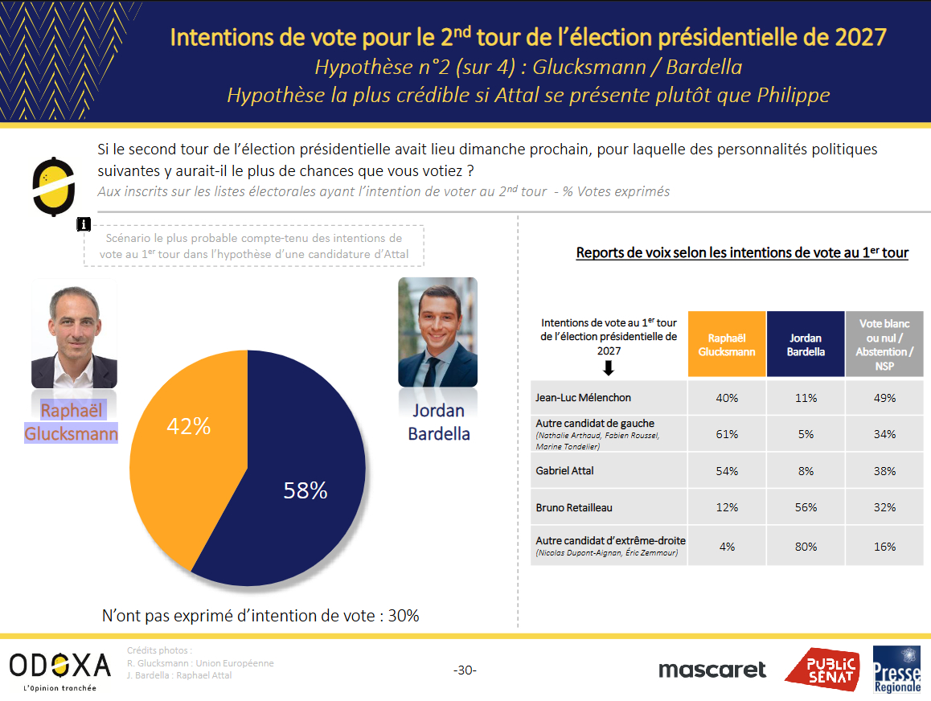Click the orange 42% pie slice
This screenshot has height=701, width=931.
[x=185, y=450]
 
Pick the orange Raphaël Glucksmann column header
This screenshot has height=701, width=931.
[x=727, y=345]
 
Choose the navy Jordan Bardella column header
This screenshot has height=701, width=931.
[x=806, y=345]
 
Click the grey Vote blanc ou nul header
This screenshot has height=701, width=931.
[x=884, y=345]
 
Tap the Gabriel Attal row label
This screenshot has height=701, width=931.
[x=565, y=470]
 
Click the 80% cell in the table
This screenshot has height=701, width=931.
[x=806, y=547]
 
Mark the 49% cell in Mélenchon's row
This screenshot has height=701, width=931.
[x=884, y=398]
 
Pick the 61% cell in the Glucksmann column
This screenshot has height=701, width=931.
[x=727, y=434]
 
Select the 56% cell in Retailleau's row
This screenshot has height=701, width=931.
[x=806, y=507]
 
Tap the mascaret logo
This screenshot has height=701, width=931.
[x=712, y=670]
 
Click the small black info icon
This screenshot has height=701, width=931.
[x=84, y=224]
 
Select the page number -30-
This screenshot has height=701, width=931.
[x=465, y=670]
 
